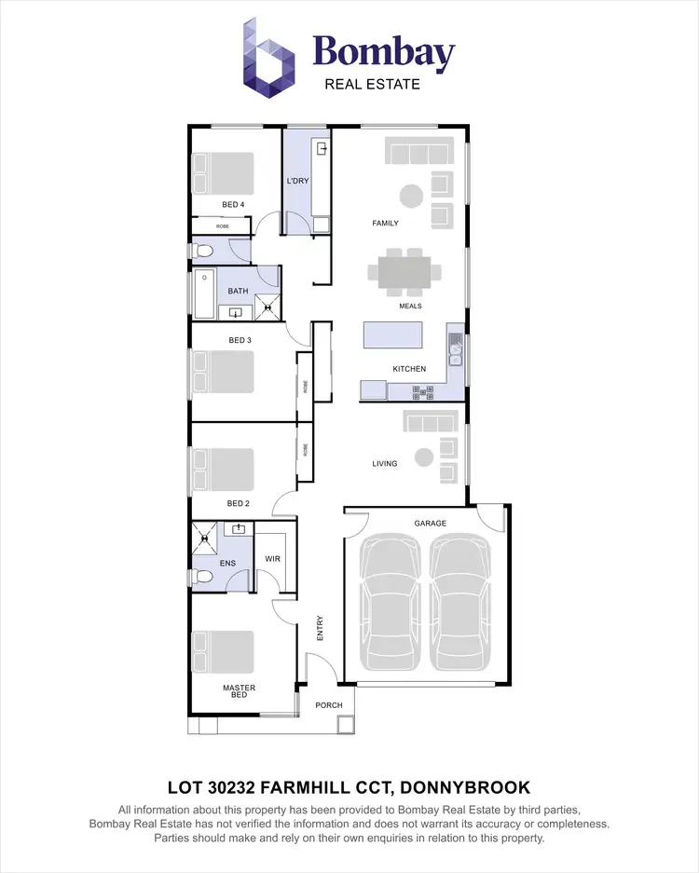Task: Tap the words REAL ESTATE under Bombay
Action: [372, 84]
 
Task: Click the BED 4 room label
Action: [233, 204]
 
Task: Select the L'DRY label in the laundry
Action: [297, 181]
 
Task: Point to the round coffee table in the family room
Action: [410, 195]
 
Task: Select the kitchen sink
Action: [455, 350]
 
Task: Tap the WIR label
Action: [272, 559]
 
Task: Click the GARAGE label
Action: [431, 524]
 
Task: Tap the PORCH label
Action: [328, 705]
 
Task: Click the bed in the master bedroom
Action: [224, 651]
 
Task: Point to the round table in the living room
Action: [424, 457]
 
